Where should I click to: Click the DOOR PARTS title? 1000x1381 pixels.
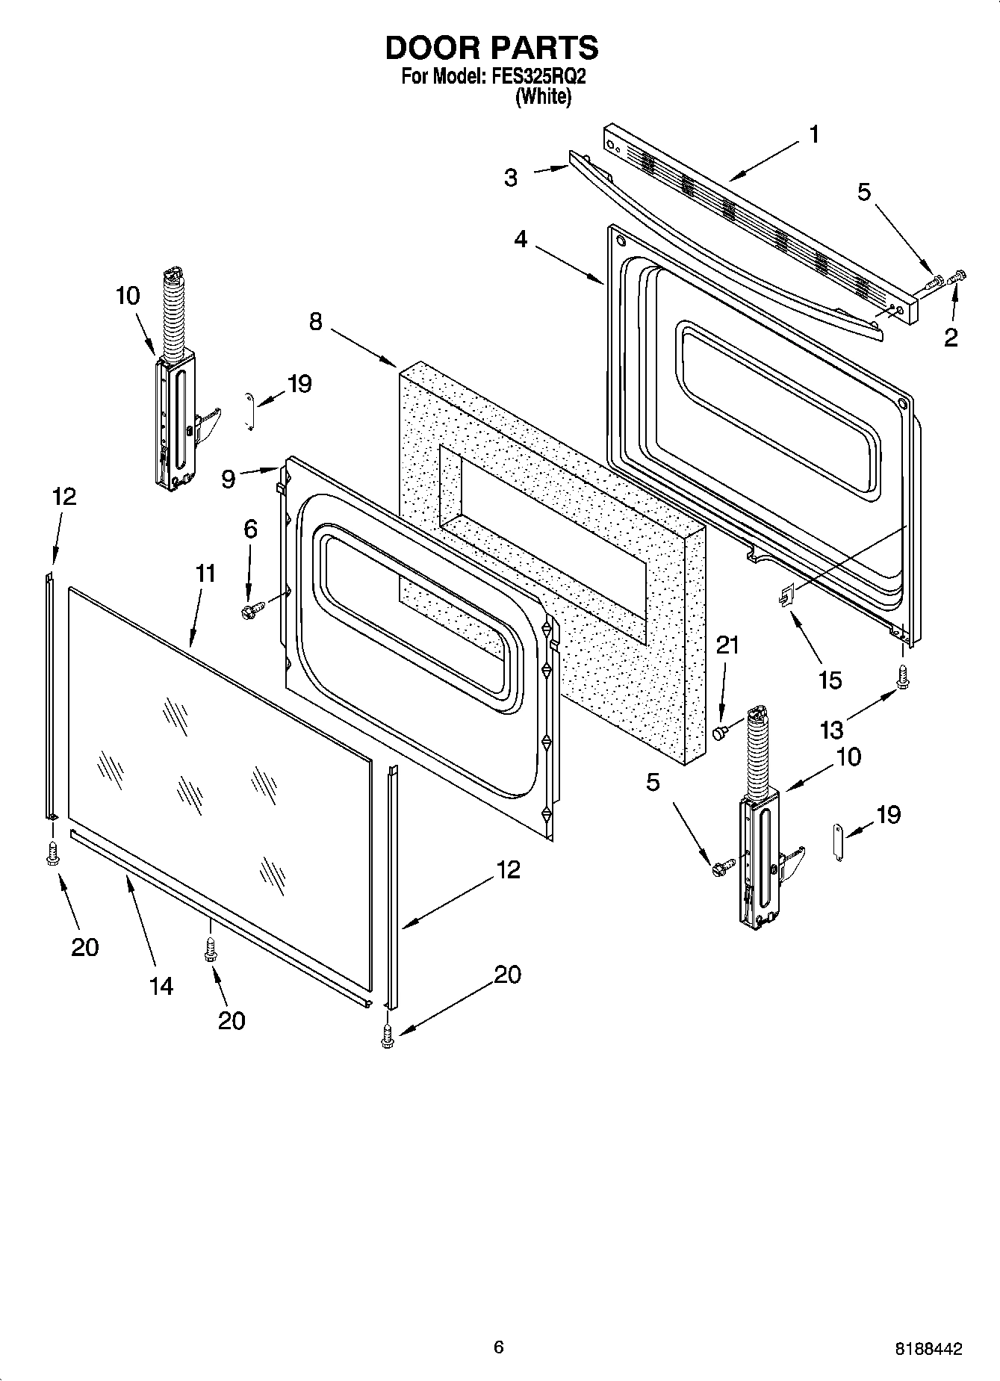pos(491,48)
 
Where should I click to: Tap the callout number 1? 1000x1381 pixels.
pos(813,135)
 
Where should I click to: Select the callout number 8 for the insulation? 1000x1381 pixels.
pos(317,322)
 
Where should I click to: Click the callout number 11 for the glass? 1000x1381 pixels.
pos(206,574)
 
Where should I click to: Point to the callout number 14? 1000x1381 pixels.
pos(161,986)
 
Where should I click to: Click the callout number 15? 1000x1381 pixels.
pos(830,680)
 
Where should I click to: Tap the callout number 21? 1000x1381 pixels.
pos(727,645)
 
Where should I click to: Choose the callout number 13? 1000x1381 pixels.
pos(832,730)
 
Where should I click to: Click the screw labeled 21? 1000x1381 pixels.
pos(720,733)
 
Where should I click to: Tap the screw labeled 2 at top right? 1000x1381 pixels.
pos(957,278)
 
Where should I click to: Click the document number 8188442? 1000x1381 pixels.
pos(928,1349)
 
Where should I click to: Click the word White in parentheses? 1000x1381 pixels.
pos(543,97)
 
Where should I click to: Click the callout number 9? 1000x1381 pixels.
pos(229,479)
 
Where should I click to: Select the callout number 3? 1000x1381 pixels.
pos(511,178)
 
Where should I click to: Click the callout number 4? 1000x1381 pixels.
pos(521,239)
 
